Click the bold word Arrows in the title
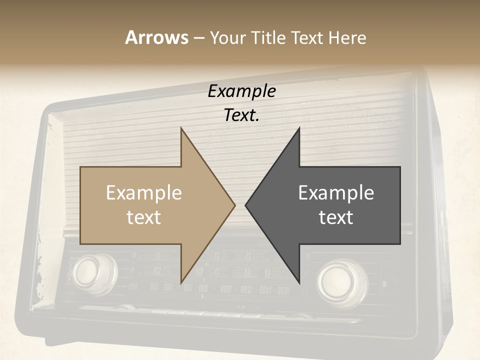pos(156,37)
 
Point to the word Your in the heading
pos(227,37)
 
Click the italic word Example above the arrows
pos(242,91)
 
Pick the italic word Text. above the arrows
pos(242,115)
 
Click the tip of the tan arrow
pos(234,205)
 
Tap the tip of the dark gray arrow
pos(246,205)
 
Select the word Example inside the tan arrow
pos(144,193)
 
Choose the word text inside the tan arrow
pos(144,217)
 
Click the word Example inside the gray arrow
pos(336,193)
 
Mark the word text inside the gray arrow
pos(336,217)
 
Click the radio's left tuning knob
pos(94,272)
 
